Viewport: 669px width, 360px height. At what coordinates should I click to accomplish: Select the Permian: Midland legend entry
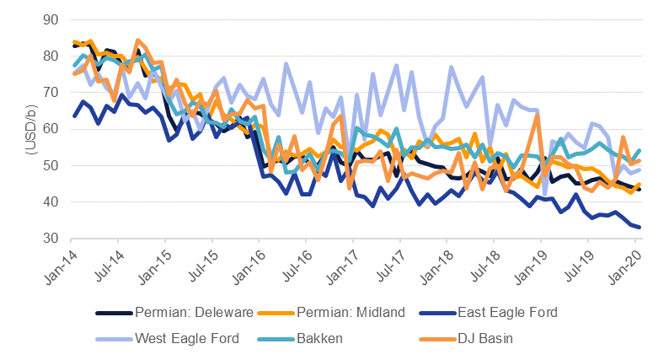click(x=352, y=312)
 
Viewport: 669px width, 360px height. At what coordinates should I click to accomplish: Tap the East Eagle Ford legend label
click(x=508, y=312)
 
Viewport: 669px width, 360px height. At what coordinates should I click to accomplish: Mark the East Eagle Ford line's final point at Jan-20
click(x=639, y=227)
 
